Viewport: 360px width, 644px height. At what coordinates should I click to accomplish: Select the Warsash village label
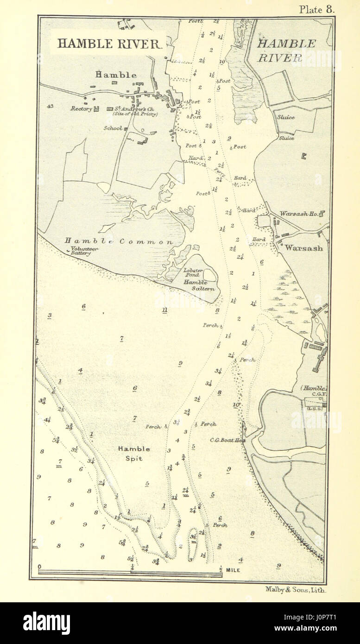[x=304, y=248]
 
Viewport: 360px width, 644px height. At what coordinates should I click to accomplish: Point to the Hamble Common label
[x=119, y=241]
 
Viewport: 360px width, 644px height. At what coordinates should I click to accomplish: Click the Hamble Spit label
[x=133, y=453]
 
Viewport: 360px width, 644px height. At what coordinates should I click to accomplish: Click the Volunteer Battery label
[x=84, y=251]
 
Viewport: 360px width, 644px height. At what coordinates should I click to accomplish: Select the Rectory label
[x=82, y=109]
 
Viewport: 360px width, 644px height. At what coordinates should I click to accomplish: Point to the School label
[x=113, y=128]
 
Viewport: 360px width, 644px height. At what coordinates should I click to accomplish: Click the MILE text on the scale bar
[x=234, y=569]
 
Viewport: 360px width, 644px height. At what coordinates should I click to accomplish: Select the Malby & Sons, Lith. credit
[x=296, y=590]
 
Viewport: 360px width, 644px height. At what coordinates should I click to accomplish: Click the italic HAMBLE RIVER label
[x=286, y=51]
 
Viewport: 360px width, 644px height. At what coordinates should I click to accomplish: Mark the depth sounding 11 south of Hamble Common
[x=164, y=309]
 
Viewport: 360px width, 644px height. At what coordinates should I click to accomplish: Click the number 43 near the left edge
[x=50, y=106]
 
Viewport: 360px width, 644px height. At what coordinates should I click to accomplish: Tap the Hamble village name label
[x=116, y=75]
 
